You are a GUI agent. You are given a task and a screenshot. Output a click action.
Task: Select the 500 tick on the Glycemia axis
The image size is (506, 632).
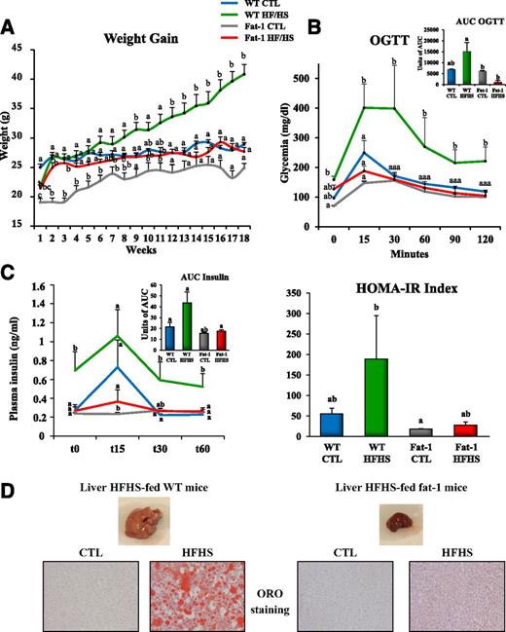309,77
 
